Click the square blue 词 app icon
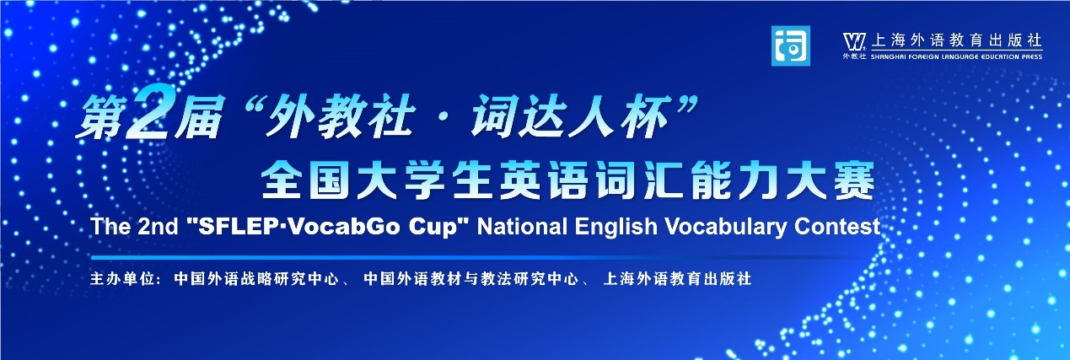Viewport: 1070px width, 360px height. coord(791,46)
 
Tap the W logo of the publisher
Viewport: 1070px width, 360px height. coord(854,41)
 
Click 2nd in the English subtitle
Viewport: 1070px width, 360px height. coord(158,226)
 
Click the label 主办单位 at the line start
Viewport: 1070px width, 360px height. coord(121,279)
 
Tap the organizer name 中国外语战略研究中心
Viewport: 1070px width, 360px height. coord(256,279)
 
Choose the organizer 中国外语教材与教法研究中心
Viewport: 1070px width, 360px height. coord(470,279)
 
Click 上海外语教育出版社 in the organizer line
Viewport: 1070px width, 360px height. coord(677,279)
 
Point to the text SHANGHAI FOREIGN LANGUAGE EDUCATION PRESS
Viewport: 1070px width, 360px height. coord(956,56)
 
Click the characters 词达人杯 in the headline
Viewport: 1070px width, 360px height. coord(568,117)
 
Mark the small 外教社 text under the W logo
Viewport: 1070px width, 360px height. coord(854,56)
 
